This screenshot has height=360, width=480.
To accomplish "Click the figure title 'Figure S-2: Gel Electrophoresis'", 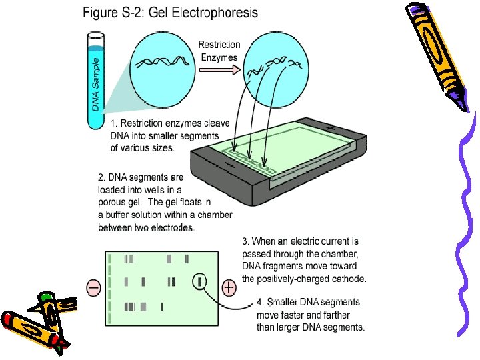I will pos(171,12).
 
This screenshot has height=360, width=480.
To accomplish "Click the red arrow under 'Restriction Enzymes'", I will pos(226,69).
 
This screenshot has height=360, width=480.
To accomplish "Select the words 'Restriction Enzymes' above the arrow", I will pos(219,50).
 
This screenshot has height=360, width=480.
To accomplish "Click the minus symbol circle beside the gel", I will pos(94,287).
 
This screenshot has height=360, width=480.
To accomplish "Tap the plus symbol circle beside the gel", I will pos(229,287).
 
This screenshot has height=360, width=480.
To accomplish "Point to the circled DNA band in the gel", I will pos(199,282).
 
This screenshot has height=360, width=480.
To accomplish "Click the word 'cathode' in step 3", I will pos(347,279).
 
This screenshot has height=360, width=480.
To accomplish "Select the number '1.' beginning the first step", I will pos(115,123).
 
